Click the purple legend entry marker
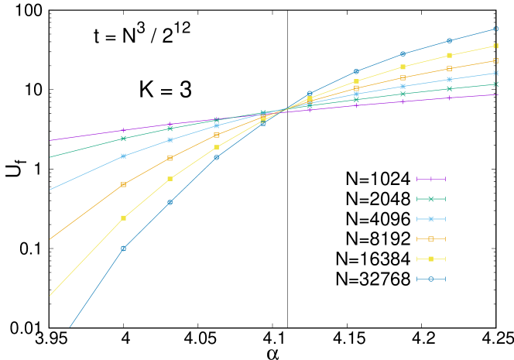[x=430, y=179]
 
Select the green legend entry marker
[x=430, y=199]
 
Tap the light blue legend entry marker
[x=430, y=219]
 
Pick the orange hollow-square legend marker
[x=430, y=238]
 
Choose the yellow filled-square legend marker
[x=430, y=259]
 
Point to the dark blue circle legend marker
[x=430, y=279]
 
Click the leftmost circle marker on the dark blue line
[x=123, y=249]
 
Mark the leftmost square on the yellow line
[x=123, y=218]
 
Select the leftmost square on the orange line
[x=123, y=184]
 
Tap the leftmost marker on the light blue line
[x=123, y=156]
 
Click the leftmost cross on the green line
[x=123, y=139]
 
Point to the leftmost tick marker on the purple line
[x=123, y=130]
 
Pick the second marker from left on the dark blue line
[x=170, y=202]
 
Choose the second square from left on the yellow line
[x=170, y=179]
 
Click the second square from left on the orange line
[x=170, y=158]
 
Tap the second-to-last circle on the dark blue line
[x=449, y=40]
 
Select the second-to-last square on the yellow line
[x=449, y=55]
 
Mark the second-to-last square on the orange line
[x=449, y=68]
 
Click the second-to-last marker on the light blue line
[x=449, y=79]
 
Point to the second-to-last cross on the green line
[x=449, y=88]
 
